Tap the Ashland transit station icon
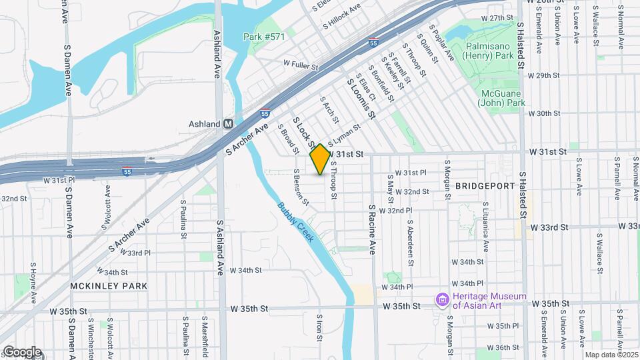point(229,123)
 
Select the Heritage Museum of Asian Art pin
point(441,300)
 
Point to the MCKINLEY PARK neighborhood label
point(109,286)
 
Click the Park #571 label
point(264,37)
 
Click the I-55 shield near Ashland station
point(265,113)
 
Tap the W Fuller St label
point(301,65)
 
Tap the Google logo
point(21,352)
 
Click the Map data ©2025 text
point(610,355)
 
